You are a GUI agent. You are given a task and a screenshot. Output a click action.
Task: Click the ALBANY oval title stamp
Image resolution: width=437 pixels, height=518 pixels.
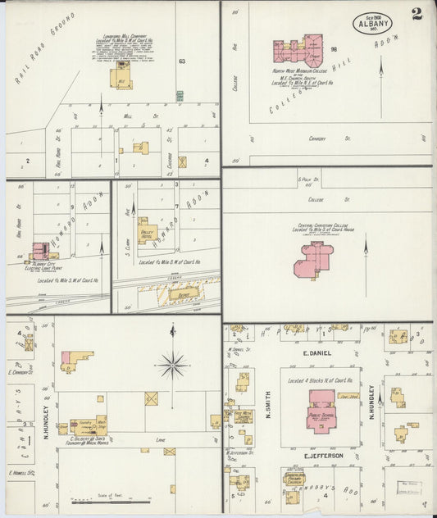point(373,22)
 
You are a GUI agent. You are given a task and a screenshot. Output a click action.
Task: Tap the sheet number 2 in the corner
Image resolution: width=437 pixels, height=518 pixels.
point(417,14)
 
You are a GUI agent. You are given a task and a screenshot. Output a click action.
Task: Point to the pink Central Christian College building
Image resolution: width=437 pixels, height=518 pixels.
point(313,259)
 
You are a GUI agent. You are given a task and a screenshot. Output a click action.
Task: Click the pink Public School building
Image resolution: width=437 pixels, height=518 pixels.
point(321,405)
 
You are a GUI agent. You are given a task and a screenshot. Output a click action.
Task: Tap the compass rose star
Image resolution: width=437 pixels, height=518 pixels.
point(172,364)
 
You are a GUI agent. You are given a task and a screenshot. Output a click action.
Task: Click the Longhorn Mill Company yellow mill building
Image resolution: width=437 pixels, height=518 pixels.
point(121,78)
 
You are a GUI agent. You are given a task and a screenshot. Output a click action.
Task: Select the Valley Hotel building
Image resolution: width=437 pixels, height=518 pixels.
point(147,231)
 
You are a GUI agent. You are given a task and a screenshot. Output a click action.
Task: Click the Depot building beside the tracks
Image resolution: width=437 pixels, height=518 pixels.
point(183,292)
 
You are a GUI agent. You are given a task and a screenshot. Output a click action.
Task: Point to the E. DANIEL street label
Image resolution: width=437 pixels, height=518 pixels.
point(316,353)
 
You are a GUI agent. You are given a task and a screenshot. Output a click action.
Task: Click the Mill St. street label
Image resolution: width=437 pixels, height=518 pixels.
point(129,116)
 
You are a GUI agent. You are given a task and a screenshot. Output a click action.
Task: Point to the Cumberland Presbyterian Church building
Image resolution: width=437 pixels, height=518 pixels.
point(294,479)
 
